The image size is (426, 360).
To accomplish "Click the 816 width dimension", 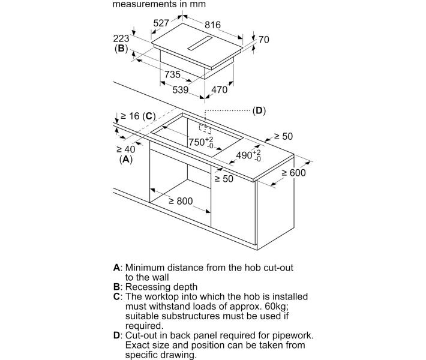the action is point(212,25).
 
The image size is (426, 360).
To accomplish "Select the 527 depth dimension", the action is point(161,23).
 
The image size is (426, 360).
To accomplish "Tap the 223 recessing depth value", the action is point(121,38).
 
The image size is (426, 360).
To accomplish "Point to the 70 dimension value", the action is point(264,40).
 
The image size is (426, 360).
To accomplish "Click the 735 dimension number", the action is point(173,74).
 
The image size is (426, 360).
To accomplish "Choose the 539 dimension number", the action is point(181,89).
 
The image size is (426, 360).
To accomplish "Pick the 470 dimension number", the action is point(219,89).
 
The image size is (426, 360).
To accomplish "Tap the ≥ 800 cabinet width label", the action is point(181,201).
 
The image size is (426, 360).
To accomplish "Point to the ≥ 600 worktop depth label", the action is point(293,173).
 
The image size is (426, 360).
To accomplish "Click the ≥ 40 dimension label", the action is point(126,149).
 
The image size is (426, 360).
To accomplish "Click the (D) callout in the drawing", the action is point(259,110).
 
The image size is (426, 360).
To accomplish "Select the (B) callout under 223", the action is point(121,49).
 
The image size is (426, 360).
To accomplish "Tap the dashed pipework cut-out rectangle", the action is point(205,129).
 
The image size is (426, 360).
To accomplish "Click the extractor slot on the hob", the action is point(199,43).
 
